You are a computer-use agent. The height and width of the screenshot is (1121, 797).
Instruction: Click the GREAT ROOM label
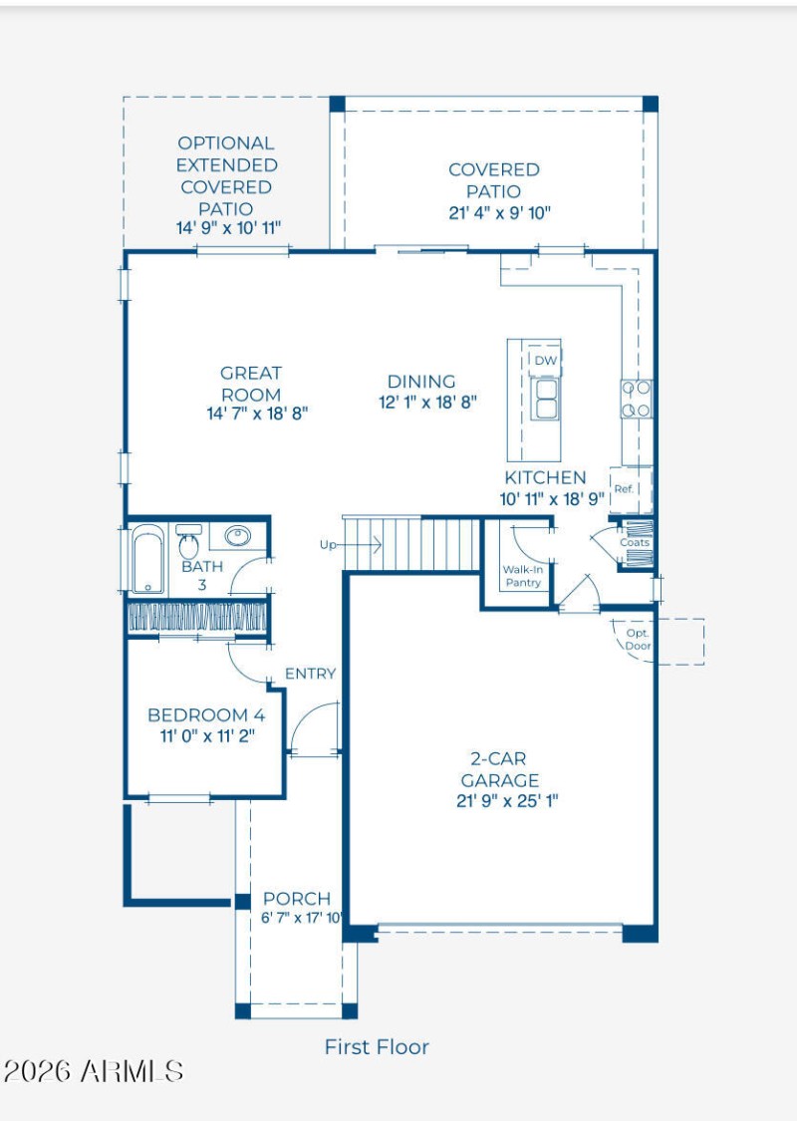click(250, 384)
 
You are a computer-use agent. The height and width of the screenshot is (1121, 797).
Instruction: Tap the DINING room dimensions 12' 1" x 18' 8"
click(427, 403)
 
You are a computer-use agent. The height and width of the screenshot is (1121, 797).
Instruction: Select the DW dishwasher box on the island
click(545, 361)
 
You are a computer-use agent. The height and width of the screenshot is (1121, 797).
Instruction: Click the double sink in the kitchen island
click(546, 399)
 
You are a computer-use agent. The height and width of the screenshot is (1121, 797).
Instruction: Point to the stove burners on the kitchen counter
click(636, 399)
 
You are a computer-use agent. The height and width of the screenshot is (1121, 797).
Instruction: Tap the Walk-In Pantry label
click(522, 576)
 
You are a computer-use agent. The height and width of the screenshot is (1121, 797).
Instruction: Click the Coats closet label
click(635, 543)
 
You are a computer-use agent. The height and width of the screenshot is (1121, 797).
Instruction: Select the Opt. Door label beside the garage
click(638, 640)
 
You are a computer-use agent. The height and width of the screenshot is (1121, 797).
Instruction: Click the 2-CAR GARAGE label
click(499, 769)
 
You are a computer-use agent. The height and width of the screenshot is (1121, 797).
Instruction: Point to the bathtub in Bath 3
click(148, 560)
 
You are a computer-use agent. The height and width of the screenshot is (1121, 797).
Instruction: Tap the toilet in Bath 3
click(188, 543)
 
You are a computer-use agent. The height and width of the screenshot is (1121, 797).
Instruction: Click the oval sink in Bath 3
click(236, 535)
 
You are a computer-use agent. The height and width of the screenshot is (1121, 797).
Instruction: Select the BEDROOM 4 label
click(206, 714)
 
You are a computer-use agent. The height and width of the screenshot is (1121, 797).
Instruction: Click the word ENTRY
click(310, 674)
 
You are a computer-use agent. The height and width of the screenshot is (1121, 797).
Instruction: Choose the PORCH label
click(297, 899)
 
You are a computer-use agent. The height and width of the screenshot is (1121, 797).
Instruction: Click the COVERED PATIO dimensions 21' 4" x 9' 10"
click(500, 213)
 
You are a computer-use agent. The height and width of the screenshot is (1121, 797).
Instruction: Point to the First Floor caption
click(377, 1047)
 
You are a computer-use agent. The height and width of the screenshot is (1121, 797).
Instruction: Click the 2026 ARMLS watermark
click(94, 1071)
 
